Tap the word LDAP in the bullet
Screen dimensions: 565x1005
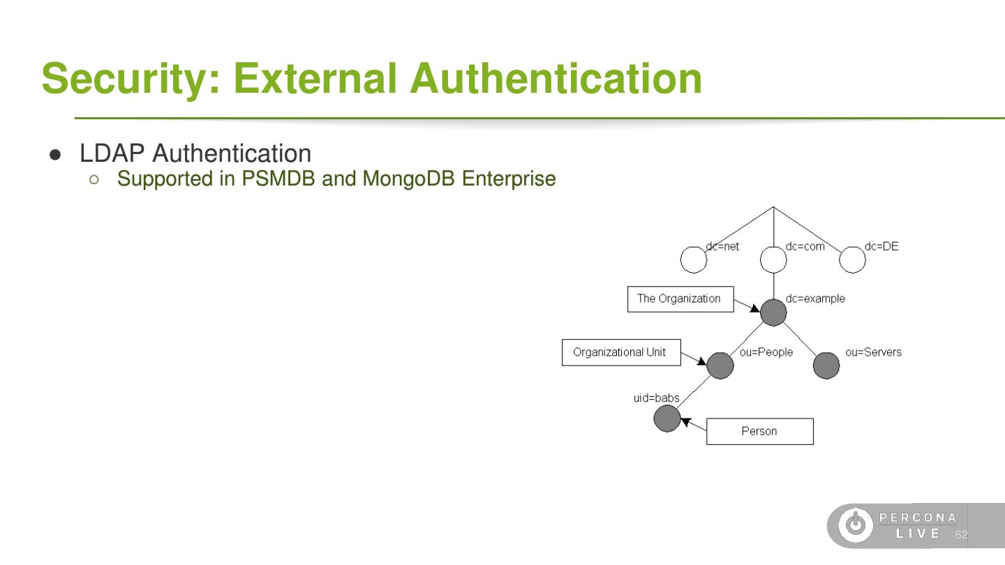tap(112, 153)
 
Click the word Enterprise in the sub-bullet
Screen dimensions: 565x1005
tap(509, 179)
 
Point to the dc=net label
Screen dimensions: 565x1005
tap(722, 246)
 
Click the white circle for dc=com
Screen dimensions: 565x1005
tap(773, 260)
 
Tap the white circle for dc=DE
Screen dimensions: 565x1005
tap(852, 260)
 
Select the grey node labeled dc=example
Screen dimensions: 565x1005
tap(773, 312)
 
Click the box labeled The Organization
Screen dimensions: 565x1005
tap(680, 299)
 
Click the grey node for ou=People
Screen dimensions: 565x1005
tap(720, 366)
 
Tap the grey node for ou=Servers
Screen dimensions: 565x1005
tap(826, 366)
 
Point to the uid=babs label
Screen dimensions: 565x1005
tap(656, 398)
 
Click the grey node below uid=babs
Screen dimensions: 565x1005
tap(667, 419)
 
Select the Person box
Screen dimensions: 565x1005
tap(759, 431)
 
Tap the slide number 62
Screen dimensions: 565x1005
tap(961, 535)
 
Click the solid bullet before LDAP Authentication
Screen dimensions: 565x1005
tap(56, 154)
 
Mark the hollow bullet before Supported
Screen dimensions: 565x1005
tap(94, 179)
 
